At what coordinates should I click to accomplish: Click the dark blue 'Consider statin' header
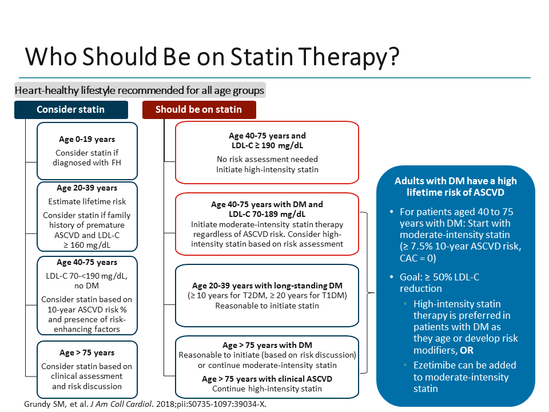click(71, 109)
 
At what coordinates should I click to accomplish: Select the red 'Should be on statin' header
click(198, 109)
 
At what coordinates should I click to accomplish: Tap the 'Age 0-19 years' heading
click(87, 139)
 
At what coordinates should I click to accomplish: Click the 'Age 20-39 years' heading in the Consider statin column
click(87, 188)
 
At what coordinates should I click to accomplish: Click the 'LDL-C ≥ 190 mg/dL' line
click(267, 146)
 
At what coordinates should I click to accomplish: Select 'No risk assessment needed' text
click(267, 159)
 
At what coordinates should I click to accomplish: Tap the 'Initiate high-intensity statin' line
click(267, 169)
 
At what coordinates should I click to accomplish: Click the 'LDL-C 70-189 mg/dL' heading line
click(267, 214)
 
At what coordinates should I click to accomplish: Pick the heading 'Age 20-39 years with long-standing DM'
click(267, 286)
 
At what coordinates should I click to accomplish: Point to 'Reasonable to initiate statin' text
click(267, 306)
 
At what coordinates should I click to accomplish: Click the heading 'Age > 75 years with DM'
click(267, 345)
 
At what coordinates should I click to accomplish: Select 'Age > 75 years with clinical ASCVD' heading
click(267, 379)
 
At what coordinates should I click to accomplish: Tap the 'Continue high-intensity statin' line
click(267, 389)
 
